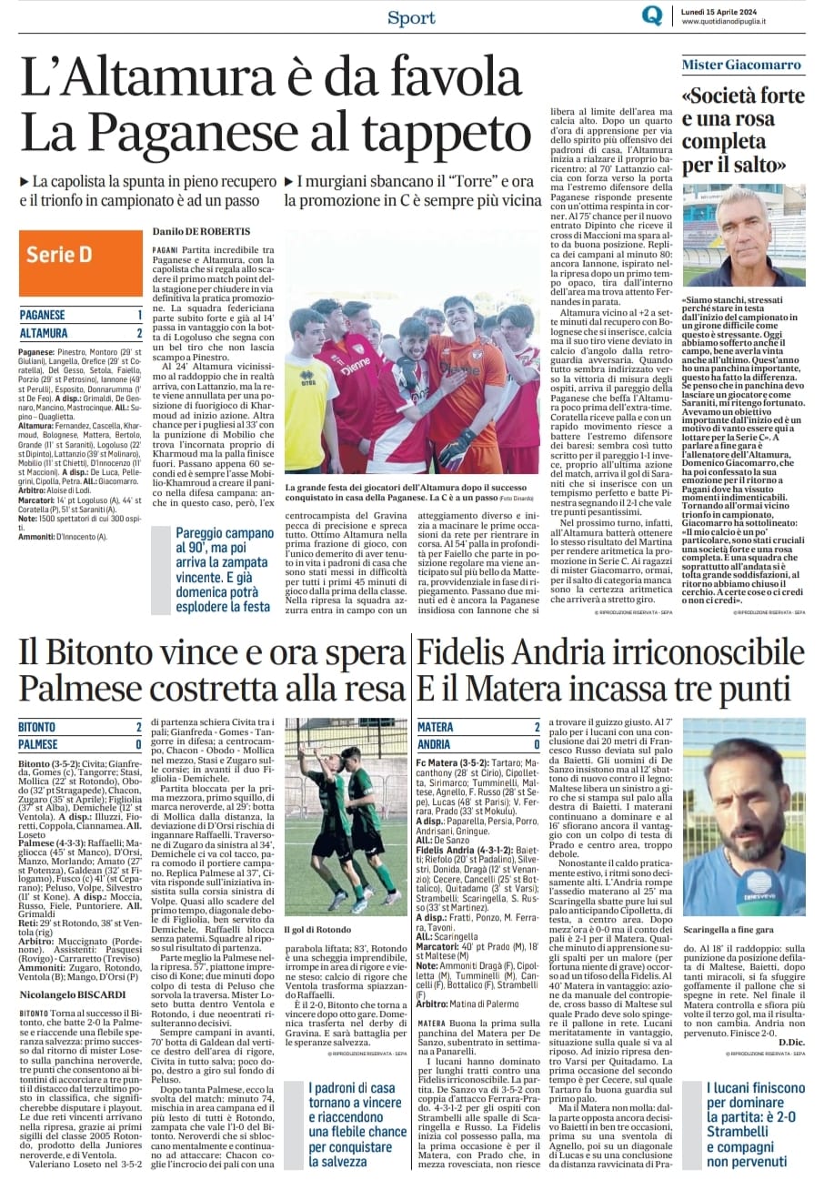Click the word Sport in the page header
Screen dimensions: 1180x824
(411, 16)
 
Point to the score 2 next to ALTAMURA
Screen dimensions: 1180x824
(139, 333)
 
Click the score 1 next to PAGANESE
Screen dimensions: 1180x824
(139, 315)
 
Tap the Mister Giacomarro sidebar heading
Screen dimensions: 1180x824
(743, 65)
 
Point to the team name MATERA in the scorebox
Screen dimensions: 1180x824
(436, 727)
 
